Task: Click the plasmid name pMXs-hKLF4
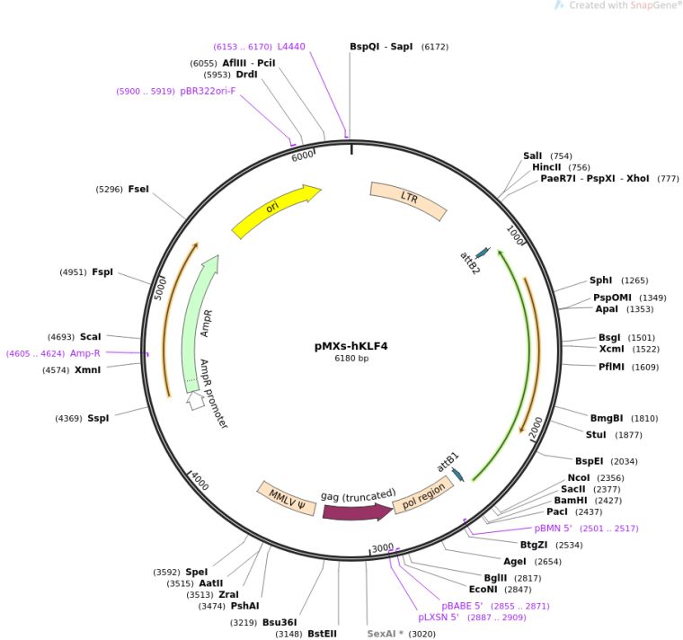point(351,345)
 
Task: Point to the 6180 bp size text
point(351,358)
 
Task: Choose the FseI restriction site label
point(138,189)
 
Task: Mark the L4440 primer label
point(291,46)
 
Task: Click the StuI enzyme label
point(596,435)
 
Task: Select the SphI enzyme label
point(600,280)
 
